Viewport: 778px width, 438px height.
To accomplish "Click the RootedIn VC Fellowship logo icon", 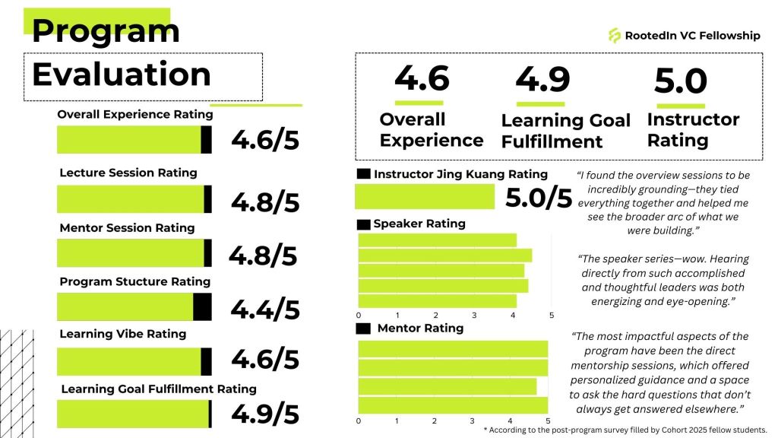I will [615, 35].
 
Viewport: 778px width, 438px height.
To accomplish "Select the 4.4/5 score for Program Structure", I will [264, 309].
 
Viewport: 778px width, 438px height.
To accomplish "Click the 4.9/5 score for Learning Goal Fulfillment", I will [264, 414].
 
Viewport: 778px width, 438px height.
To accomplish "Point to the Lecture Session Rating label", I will [128, 173].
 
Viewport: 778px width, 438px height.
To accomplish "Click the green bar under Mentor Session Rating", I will [130, 253].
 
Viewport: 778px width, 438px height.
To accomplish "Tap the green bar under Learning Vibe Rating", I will [128, 361].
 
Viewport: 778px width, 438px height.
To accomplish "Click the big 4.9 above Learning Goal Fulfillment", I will [542, 79].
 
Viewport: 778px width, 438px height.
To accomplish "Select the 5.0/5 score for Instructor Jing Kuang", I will [538, 198].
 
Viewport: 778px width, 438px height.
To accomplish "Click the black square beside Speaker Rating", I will [364, 224].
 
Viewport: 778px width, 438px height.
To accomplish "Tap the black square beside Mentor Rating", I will [364, 328].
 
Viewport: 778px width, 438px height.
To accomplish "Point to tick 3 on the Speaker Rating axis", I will [474, 315].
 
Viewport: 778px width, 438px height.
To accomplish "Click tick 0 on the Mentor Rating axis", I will [358, 421].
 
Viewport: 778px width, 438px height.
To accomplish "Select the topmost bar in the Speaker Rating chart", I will [437, 241].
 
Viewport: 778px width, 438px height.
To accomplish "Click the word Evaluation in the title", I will [122, 75].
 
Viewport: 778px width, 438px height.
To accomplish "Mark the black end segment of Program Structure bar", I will [202, 306].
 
